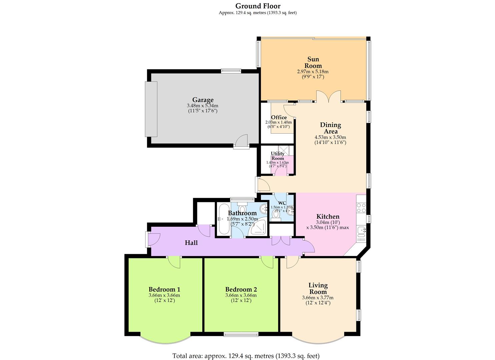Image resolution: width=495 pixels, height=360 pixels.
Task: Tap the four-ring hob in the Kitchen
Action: pyautogui.click(x=361, y=208)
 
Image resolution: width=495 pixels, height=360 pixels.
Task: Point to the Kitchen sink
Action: pyautogui.click(x=361, y=230)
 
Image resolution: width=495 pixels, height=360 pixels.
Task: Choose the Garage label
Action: pyautogui.click(x=203, y=100)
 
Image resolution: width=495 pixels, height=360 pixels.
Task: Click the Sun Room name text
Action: pyautogui.click(x=313, y=62)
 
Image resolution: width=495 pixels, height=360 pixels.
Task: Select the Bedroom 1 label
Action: pyautogui.click(x=164, y=289)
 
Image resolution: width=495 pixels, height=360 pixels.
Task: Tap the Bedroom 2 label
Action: pyautogui.click(x=241, y=289)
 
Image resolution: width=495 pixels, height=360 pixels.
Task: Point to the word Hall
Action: pyautogui.click(x=191, y=243)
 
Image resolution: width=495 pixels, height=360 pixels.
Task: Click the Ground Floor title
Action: pyautogui.click(x=258, y=6)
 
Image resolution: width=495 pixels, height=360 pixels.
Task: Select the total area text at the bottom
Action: pyautogui.click(x=246, y=356)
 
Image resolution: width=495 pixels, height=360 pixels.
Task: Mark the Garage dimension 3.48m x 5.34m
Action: pyautogui.click(x=203, y=106)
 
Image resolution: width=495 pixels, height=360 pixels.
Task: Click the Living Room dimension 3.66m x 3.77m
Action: pyautogui.click(x=318, y=298)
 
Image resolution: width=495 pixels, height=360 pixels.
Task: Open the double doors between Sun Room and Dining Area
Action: pyautogui.click(x=328, y=97)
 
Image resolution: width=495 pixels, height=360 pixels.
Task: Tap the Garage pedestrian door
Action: pyautogui.click(x=241, y=141)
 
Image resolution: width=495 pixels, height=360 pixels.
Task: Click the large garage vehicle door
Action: pyautogui.click(x=151, y=109)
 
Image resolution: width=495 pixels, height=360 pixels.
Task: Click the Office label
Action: pyautogui.click(x=279, y=117)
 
